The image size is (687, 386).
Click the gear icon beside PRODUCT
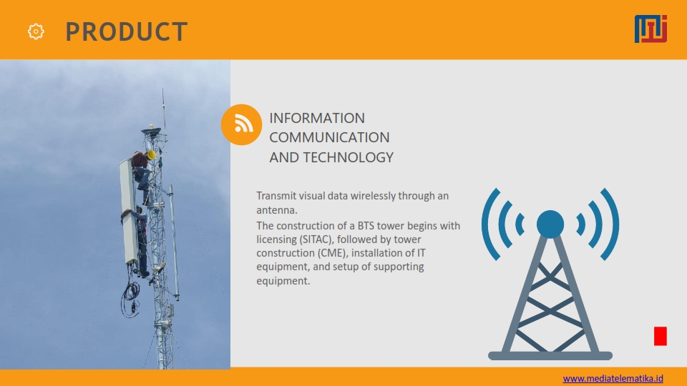click(36, 31)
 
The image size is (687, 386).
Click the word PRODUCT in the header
click(127, 31)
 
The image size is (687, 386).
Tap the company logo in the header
click(651, 29)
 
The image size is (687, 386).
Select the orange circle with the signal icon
click(241, 124)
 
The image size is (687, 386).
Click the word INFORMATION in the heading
click(317, 118)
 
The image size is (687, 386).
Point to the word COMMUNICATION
click(329, 137)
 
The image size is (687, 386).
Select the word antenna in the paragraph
click(276, 210)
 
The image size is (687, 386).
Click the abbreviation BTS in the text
click(366, 226)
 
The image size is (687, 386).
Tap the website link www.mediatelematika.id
click(613, 379)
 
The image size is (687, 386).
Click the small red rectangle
click(661, 336)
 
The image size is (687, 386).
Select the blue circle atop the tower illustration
click(550, 224)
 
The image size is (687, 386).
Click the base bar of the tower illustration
click(550, 356)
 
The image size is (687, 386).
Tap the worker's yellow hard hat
click(152, 154)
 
